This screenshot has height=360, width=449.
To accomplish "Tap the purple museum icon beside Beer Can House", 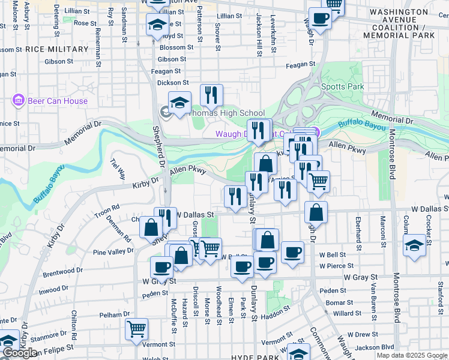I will click(x=18, y=101).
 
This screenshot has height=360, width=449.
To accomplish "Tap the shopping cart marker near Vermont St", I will click(x=137, y=329).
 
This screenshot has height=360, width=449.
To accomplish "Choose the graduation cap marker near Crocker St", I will click(x=414, y=245).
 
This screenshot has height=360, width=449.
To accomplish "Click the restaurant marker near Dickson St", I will click(x=211, y=94).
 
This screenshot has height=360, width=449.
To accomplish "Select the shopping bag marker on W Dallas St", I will click(x=316, y=212).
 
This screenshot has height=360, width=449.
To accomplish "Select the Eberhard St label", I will click(x=358, y=234).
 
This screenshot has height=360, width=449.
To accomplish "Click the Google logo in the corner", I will click(x=20, y=353).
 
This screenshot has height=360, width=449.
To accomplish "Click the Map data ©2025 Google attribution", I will click(x=411, y=355).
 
